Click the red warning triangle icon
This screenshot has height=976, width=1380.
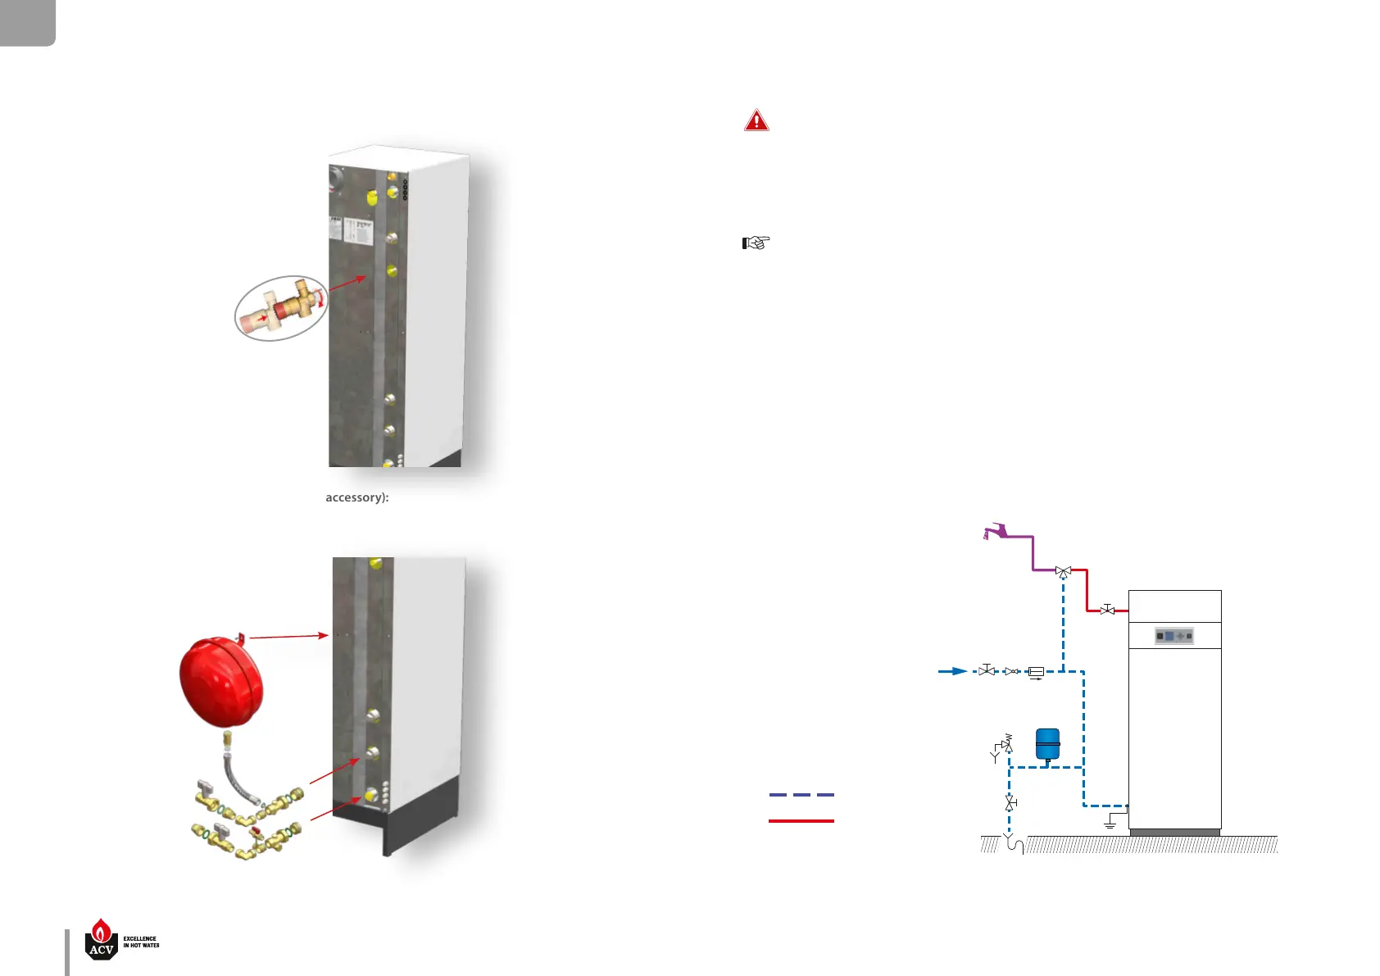(756, 120)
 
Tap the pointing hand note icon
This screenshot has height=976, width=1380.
(756, 243)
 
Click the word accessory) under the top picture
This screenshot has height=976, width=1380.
(356, 497)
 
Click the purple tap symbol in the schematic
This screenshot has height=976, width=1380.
(996, 532)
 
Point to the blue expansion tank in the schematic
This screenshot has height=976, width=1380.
(1047, 744)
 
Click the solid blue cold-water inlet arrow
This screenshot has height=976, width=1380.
(953, 671)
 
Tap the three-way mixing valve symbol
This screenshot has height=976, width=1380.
(1063, 571)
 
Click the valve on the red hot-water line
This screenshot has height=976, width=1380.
(1107, 610)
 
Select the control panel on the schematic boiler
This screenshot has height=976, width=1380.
(1174, 636)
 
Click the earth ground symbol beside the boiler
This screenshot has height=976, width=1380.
(1110, 821)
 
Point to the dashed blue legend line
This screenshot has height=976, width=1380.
(801, 795)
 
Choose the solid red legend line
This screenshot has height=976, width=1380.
(801, 820)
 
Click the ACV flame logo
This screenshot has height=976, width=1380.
(102, 939)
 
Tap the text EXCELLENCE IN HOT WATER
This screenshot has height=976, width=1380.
(141, 942)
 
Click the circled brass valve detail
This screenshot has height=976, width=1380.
(281, 308)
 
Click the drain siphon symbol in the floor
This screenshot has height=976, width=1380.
(1014, 844)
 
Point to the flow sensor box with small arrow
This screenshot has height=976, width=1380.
(1036, 673)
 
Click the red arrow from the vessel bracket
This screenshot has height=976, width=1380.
(288, 636)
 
